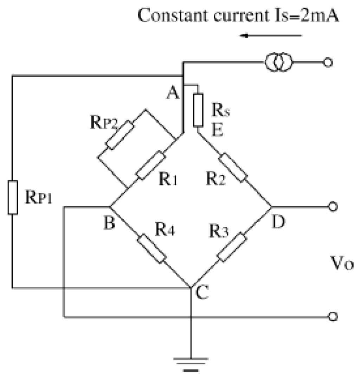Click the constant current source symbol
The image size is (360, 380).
(278, 63)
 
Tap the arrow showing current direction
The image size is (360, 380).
(271, 35)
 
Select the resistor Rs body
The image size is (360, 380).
(198, 110)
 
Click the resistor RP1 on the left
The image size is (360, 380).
(13, 197)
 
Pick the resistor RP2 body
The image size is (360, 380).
(120, 135)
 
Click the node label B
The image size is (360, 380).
(110, 223)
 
